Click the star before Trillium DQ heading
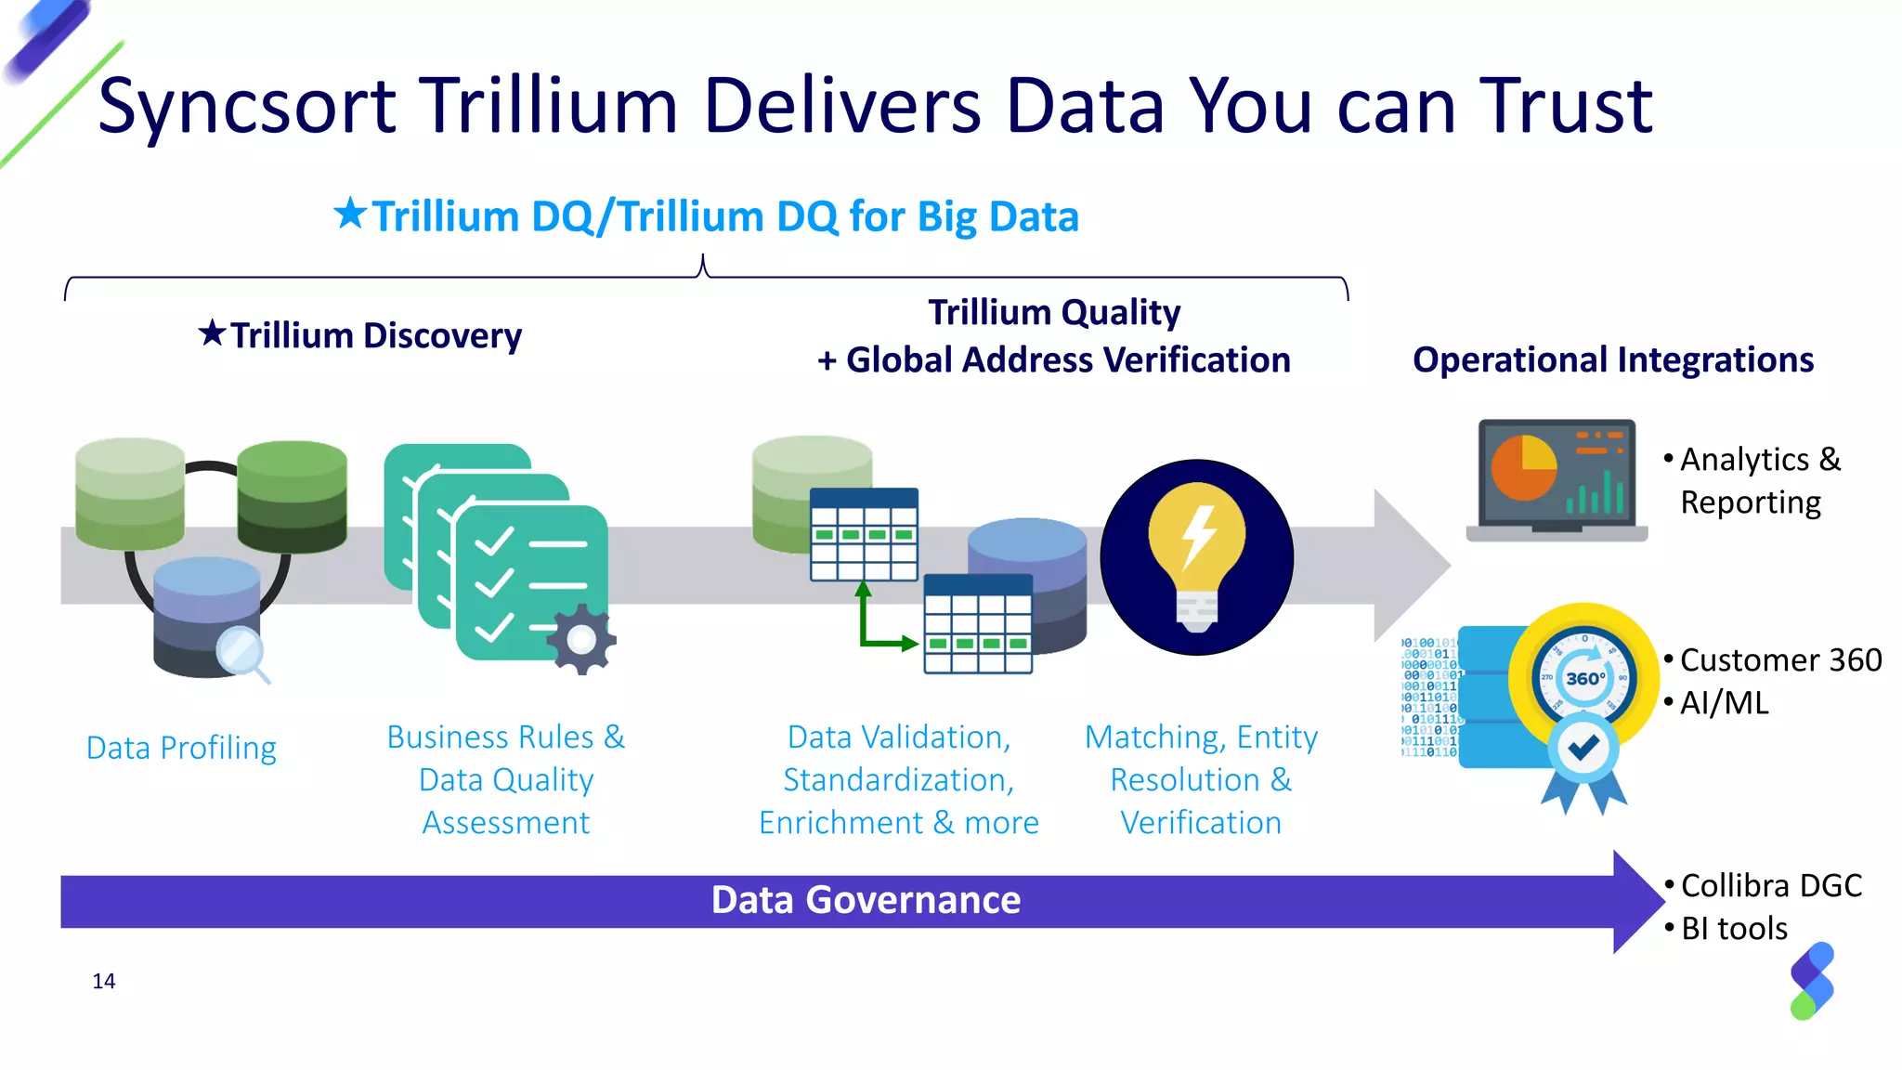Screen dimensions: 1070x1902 click(350, 214)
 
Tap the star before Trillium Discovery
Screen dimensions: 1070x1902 click(212, 333)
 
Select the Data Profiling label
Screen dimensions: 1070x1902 click(181, 748)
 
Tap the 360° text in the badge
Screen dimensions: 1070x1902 click(1584, 679)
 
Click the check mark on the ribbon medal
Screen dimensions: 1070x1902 click(1583, 748)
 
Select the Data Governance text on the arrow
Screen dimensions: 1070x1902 click(866, 900)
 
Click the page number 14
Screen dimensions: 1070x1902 click(104, 982)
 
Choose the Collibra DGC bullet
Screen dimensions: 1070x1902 click(1770, 885)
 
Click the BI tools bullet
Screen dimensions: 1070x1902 click(1733, 929)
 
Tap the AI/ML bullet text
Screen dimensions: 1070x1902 click(1724, 703)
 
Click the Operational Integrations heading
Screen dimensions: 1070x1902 click(1612, 360)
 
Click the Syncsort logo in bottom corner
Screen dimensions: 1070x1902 click(1811, 981)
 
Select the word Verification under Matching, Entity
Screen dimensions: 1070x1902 click(1200, 823)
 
